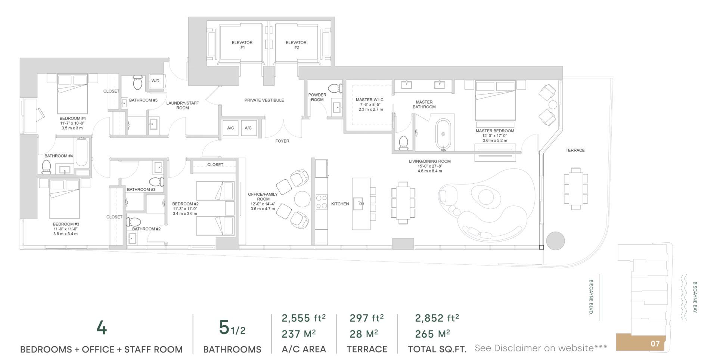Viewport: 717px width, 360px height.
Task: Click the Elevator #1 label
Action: click(242, 45)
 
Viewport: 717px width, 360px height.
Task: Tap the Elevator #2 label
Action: click(296, 45)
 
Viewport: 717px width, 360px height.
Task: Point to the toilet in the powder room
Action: click(335, 89)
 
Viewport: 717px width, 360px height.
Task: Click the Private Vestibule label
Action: click(264, 100)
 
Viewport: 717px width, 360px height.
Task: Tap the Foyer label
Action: click(282, 141)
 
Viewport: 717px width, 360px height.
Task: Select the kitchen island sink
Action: click(360, 204)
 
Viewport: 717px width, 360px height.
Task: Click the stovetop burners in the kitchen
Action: click(322, 202)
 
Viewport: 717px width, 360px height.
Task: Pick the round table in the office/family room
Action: click(302, 199)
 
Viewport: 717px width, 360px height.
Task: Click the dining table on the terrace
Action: click(575, 189)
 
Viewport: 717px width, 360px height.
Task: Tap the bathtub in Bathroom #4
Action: click(81, 153)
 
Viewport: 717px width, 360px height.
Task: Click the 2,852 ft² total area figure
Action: click(437, 318)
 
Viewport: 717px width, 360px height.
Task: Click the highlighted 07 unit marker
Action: click(655, 344)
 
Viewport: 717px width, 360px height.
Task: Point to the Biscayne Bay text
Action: click(695, 297)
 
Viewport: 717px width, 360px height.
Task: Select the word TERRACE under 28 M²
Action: click(367, 349)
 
